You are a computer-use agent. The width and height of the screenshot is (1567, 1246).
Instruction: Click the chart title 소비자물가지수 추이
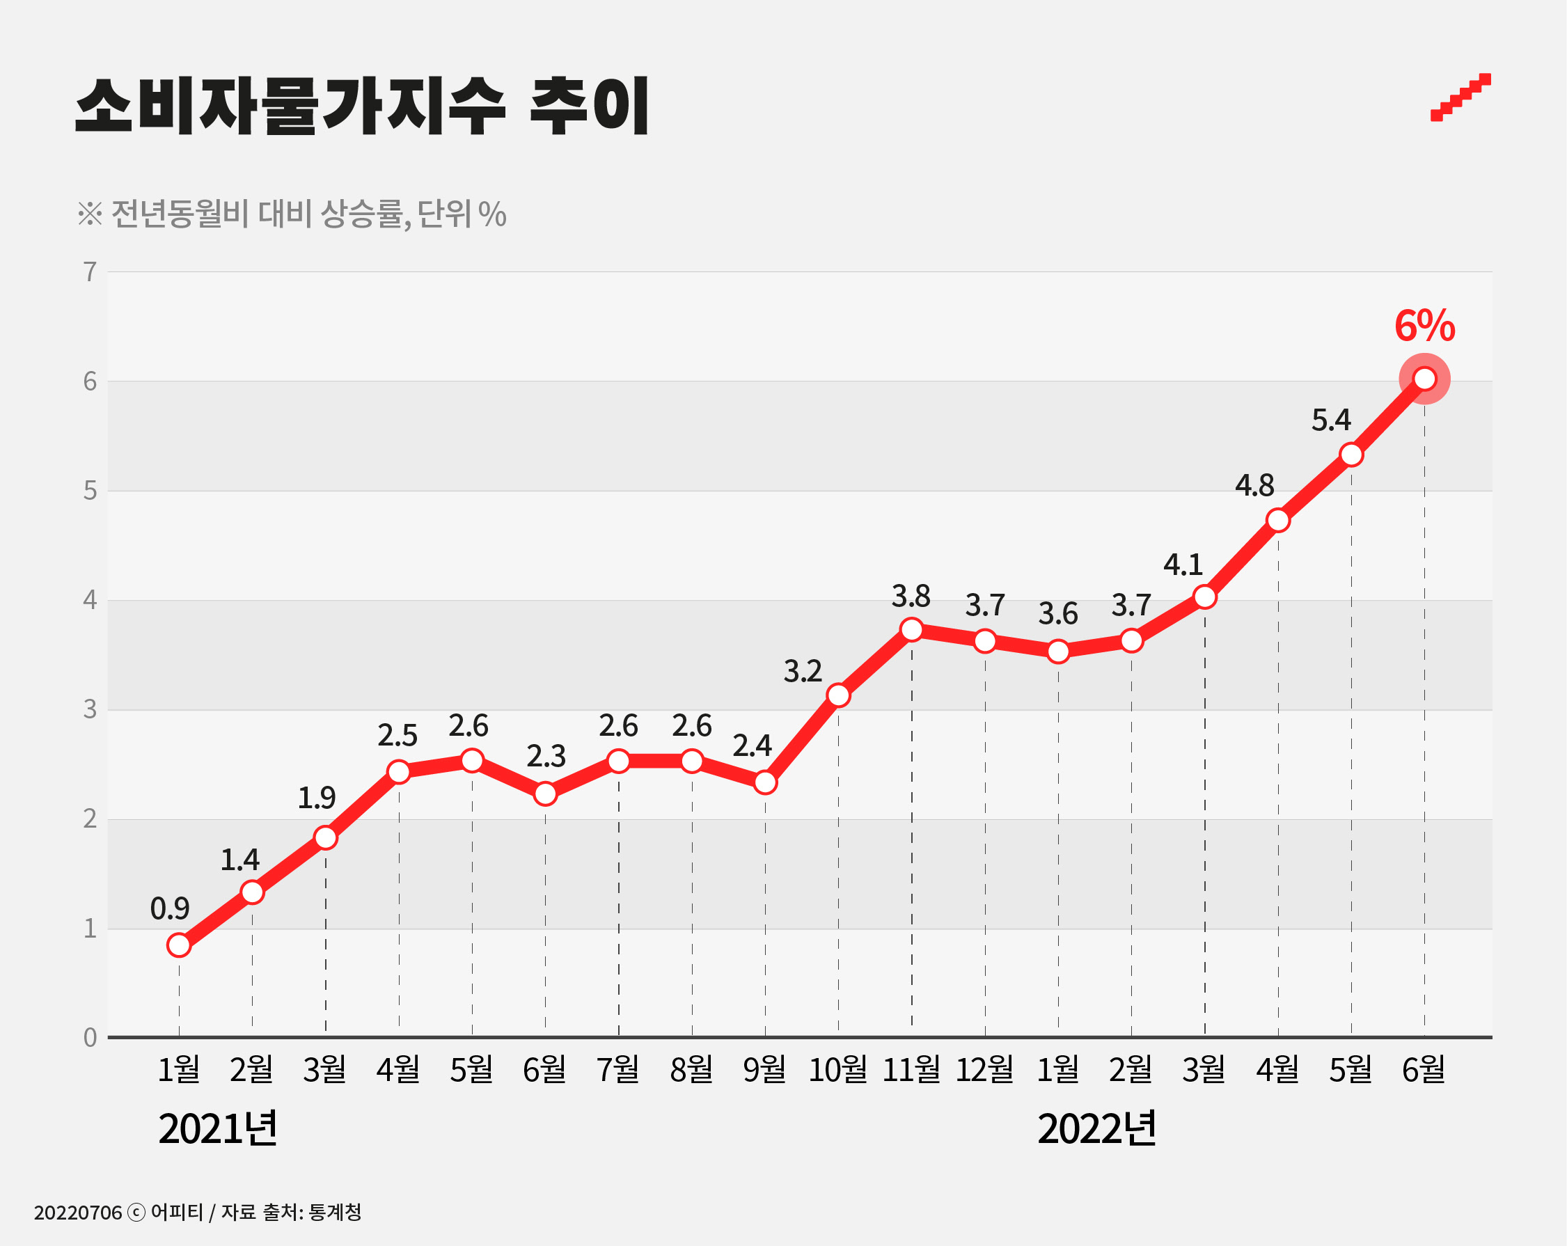pyautogui.click(x=361, y=107)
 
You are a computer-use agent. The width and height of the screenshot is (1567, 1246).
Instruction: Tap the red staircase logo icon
pyautogui.click(x=1460, y=98)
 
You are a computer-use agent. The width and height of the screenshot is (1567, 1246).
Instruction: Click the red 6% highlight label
pyautogui.click(x=1424, y=326)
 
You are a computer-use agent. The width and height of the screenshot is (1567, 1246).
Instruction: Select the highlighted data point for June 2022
pyautogui.click(x=1424, y=379)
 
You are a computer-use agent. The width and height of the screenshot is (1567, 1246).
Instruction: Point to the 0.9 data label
pyautogui.click(x=169, y=908)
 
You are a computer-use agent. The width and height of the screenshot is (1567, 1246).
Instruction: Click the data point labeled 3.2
pyautogui.click(x=838, y=695)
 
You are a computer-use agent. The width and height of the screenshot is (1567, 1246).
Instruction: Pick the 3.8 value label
pyautogui.click(x=911, y=597)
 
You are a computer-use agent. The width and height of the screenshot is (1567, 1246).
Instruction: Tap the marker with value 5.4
pyautogui.click(x=1351, y=455)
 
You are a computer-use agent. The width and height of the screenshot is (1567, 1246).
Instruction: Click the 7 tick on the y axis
pyautogui.click(x=90, y=272)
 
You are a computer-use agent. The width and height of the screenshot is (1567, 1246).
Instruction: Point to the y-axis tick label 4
pyautogui.click(x=90, y=600)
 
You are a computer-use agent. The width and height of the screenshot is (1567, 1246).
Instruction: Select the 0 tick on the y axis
pyautogui.click(x=90, y=1037)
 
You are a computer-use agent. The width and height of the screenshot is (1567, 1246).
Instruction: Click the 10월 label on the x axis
pyautogui.click(x=837, y=1069)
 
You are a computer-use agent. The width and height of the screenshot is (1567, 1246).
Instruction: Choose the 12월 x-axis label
pyautogui.click(x=984, y=1069)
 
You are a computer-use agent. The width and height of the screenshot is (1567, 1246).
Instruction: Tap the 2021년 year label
pyautogui.click(x=217, y=1129)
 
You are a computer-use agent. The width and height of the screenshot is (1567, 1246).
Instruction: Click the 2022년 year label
pyautogui.click(x=1096, y=1129)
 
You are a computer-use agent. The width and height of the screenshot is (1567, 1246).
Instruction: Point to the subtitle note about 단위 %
pyautogui.click(x=292, y=214)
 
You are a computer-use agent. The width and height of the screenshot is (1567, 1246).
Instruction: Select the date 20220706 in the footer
pyautogui.click(x=78, y=1213)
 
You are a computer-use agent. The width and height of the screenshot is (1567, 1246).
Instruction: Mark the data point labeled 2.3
pyautogui.click(x=545, y=793)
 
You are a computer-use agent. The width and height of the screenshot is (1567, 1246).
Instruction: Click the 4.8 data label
pyautogui.click(x=1254, y=486)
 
